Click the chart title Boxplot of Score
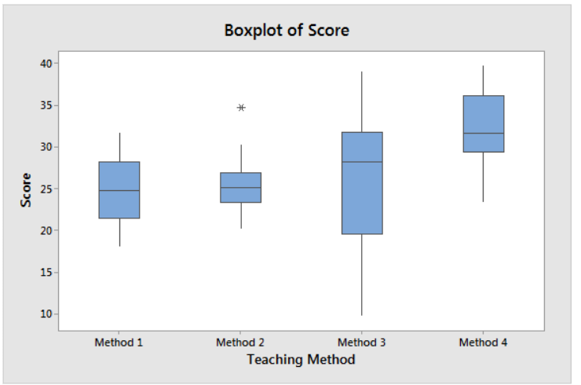point(287,31)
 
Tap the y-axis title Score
point(27,189)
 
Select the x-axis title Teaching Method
point(301,360)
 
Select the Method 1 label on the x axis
point(119,343)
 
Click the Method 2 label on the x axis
point(240,343)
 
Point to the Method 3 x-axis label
point(361,343)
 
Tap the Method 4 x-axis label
point(483,343)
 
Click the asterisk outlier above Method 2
point(241,108)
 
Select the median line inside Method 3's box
point(362,162)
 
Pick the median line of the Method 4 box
point(483,134)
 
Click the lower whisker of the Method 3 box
point(362,275)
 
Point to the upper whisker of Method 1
point(119,147)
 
